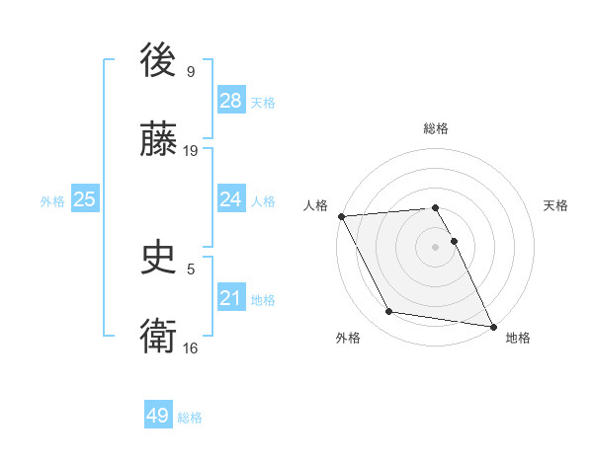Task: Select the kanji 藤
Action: point(159,141)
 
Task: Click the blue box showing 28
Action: point(230,101)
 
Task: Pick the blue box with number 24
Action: point(230,199)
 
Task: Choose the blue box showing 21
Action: point(230,298)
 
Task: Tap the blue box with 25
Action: point(84,199)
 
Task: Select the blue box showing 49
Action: point(157,416)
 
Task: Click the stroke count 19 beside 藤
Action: point(191,150)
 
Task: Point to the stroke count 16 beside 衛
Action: point(191,348)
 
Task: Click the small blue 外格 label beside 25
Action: point(52,200)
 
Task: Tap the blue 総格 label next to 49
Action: point(190,417)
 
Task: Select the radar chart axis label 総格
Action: point(436,128)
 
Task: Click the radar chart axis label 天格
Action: point(556,205)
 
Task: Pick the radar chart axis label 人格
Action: point(314,205)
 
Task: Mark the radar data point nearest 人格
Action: point(341,216)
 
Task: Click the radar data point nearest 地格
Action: point(491,326)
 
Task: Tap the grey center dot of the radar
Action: point(436,247)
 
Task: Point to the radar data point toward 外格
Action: point(389,312)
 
